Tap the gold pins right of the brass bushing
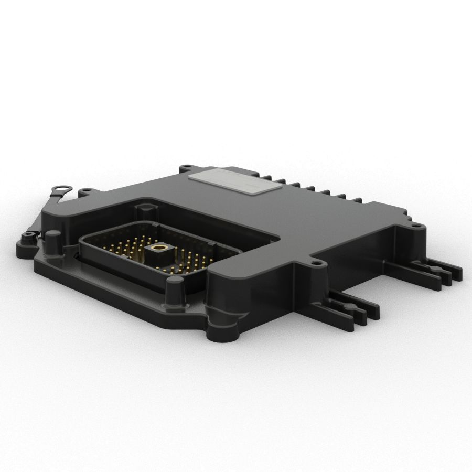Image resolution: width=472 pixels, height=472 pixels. click(189, 260)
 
